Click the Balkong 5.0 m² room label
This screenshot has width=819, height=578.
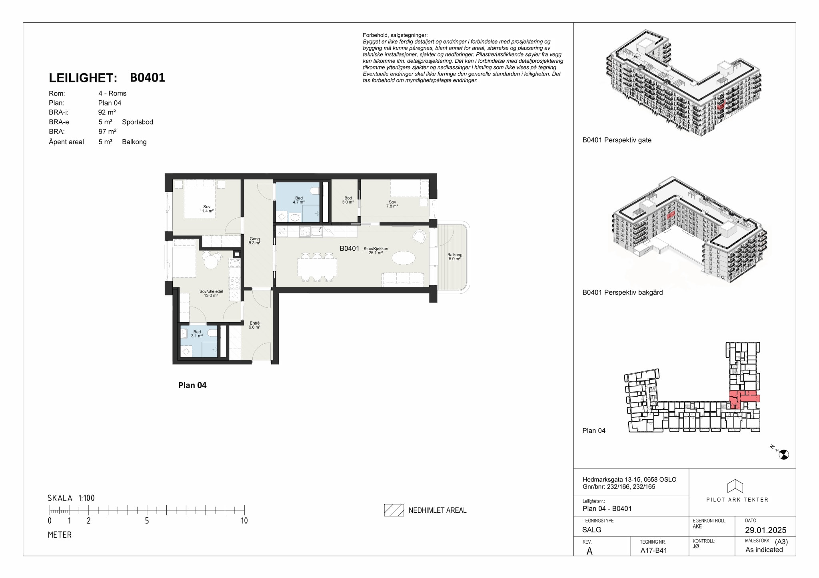(x=455, y=257)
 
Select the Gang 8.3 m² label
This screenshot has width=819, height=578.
(x=255, y=241)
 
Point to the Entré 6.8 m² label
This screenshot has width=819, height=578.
(x=255, y=325)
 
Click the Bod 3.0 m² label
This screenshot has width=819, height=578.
(x=348, y=200)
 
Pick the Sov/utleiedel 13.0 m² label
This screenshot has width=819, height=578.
(x=211, y=293)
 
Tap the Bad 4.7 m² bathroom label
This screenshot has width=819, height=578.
(x=299, y=200)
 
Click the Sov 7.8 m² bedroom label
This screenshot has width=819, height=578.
(x=392, y=204)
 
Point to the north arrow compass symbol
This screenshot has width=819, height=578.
(x=783, y=454)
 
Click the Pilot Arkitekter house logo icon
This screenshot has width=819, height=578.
(x=735, y=486)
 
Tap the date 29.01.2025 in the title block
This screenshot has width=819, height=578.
(x=765, y=530)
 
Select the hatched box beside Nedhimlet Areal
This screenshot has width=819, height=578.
(x=394, y=510)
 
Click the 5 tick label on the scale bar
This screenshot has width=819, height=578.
(x=147, y=521)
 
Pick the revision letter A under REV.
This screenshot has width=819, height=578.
(x=589, y=551)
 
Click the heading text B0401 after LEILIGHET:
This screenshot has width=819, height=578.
(x=148, y=78)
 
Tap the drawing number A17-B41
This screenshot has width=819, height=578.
(x=654, y=550)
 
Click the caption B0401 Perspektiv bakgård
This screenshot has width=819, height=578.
(x=623, y=293)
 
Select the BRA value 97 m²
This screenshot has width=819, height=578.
(x=108, y=132)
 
